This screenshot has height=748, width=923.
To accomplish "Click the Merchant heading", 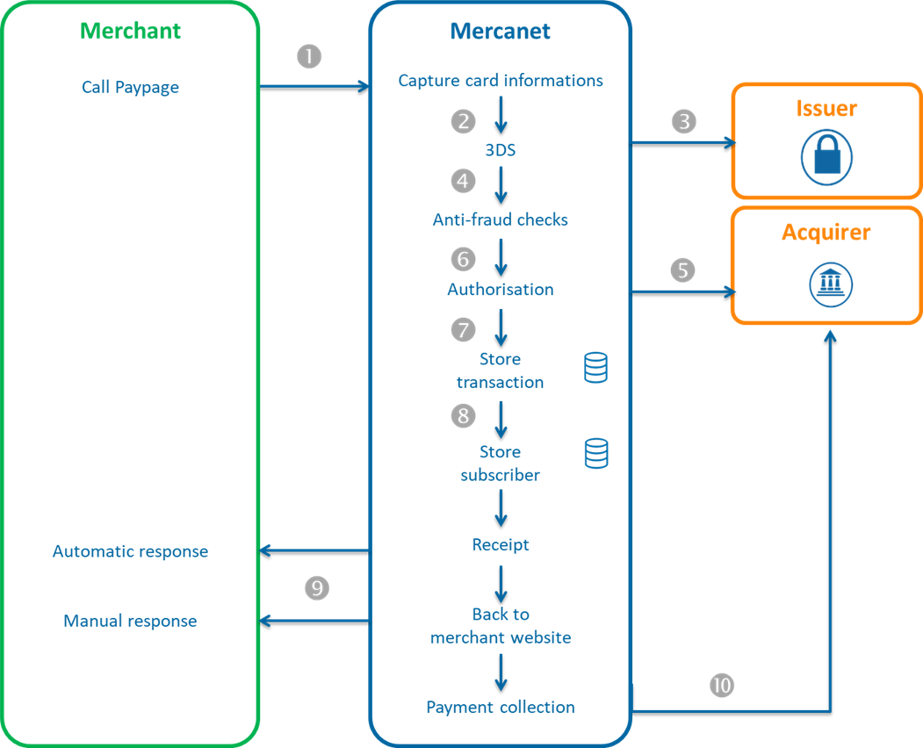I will pos(130,31).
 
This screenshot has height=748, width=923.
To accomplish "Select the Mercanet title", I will pos(500,32).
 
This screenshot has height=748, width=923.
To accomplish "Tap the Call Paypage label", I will pos(130,87).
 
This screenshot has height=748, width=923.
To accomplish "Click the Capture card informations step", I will pos(501,81).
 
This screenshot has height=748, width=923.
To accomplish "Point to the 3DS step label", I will pos(500,150).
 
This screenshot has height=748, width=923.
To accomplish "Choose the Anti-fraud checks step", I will pos(500,219).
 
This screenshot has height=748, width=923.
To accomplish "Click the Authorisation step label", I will pos(500,289).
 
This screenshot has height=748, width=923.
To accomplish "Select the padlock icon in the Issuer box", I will pos(826,158).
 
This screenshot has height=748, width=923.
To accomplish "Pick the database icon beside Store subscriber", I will pos(595,453).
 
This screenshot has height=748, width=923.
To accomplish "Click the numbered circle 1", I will pos(309,57).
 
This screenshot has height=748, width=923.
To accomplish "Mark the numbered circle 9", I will pos(316,588).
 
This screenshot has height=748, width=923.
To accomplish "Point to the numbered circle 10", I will pos(721,686).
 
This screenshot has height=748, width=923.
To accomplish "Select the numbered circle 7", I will pos(463,330).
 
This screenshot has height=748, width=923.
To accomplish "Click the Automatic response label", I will pos(130,551).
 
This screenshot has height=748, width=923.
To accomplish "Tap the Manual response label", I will pos(130,621).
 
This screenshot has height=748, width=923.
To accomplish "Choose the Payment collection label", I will pos(501,707).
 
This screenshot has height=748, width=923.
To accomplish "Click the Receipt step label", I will pos(501,544).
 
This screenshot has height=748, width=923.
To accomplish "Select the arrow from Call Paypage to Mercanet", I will pos(314,85).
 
